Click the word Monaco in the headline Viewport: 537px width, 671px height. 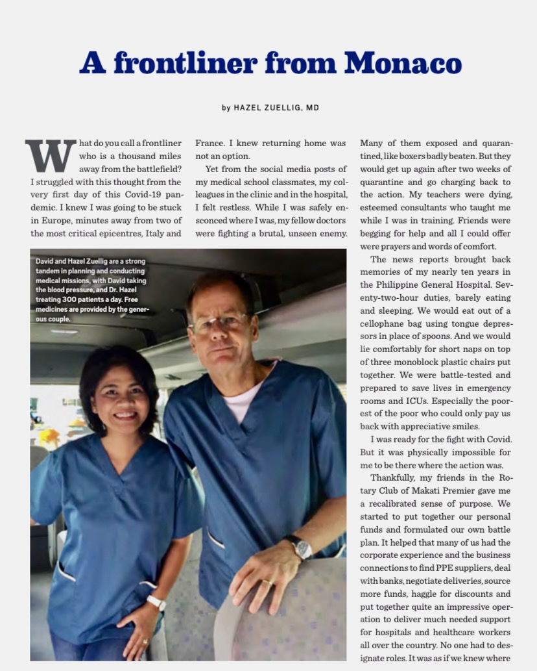(x=403, y=64)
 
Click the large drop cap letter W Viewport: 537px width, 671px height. (x=50, y=155)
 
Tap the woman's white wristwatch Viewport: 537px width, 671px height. (x=156, y=602)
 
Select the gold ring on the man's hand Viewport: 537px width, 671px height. (x=267, y=583)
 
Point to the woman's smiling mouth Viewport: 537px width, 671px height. (x=125, y=414)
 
